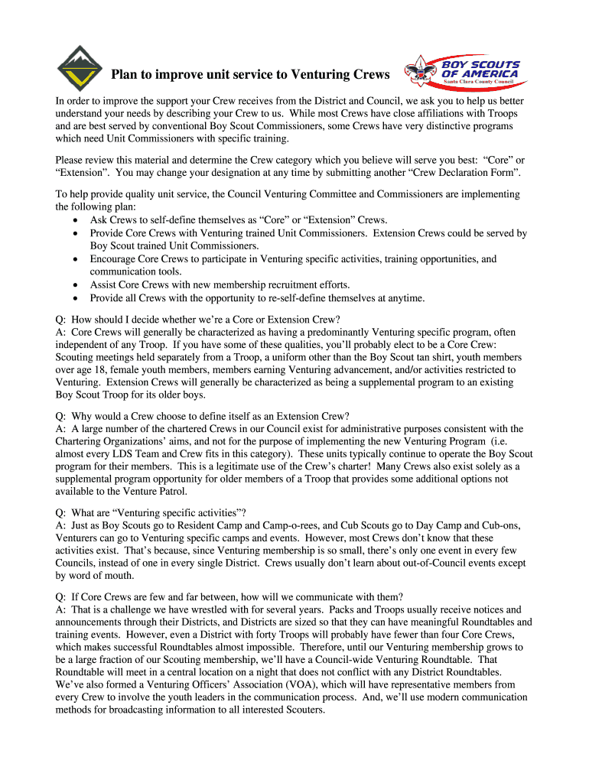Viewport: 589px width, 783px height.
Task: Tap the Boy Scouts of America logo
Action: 467,71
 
